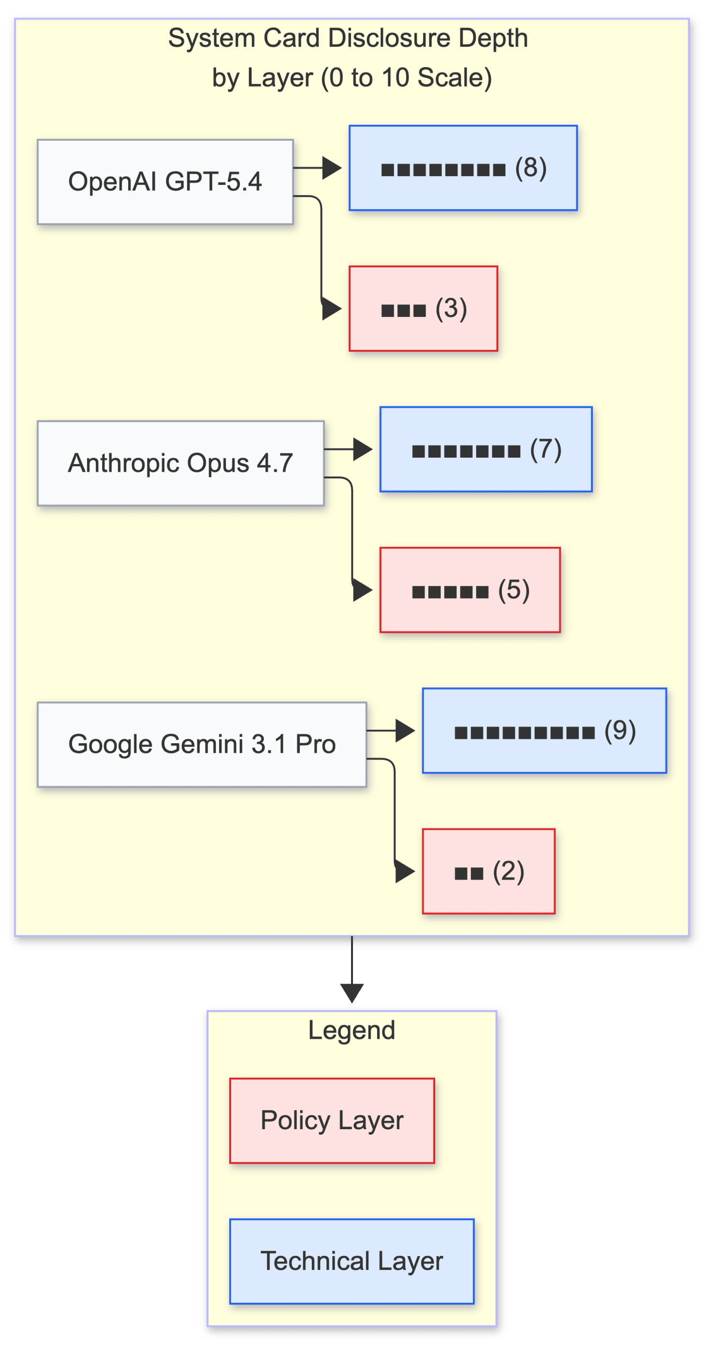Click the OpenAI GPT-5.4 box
pos(165,182)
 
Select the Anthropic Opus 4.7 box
pos(180,463)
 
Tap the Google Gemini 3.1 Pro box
pos(202,744)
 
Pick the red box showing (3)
pos(423,309)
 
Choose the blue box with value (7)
pos(486,449)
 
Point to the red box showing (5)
pos(470,590)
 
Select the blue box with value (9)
pos(544,731)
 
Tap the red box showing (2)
pos(488,871)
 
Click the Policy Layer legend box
pos(332,1121)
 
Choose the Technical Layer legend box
pos(352,1261)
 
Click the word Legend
pos(352,1030)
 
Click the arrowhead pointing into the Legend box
pos(352,993)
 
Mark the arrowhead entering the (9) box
pos(405,731)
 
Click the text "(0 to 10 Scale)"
pos(406,78)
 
